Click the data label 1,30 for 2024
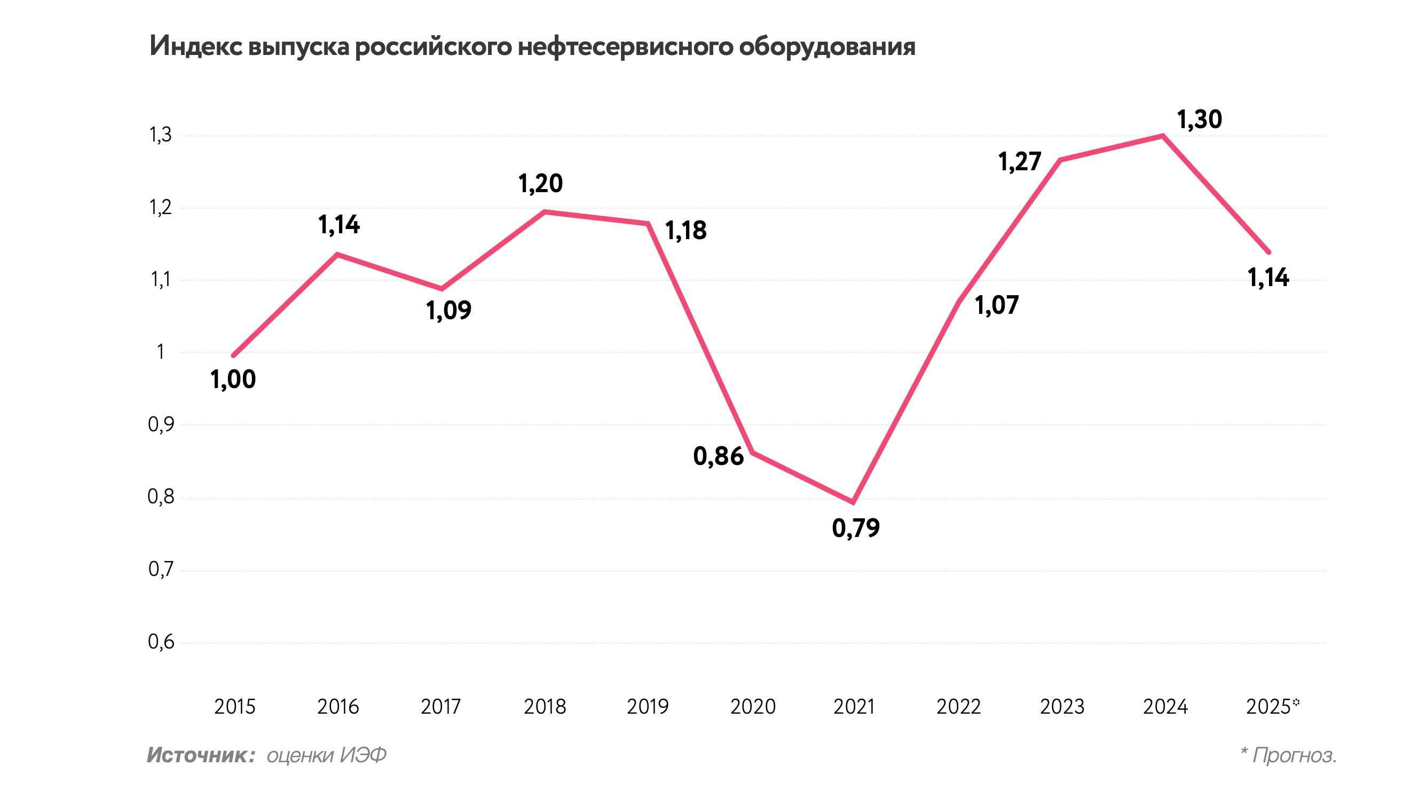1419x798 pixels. pyautogui.click(x=1199, y=120)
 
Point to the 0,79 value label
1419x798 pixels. pyautogui.click(x=855, y=528)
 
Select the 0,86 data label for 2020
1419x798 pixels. pyautogui.click(x=719, y=456)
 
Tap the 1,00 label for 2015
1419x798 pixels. pyautogui.click(x=233, y=380)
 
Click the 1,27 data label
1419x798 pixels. pyautogui.click(x=1020, y=162)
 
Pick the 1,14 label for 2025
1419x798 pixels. pyautogui.click(x=1268, y=278)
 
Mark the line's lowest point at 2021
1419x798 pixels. pyautogui.click(x=853, y=502)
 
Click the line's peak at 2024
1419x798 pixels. pyautogui.click(x=1162, y=136)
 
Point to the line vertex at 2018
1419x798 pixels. pyautogui.click(x=544, y=211)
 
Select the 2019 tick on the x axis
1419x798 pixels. pyautogui.click(x=648, y=707)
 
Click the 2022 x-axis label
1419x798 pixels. pyautogui.click(x=958, y=707)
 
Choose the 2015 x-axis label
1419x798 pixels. pyautogui.click(x=235, y=707)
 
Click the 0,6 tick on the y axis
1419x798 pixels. pyautogui.click(x=161, y=642)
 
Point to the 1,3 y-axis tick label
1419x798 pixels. pyautogui.click(x=161, y=135)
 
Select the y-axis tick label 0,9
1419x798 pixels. pyautogui.click(x=161, y=424)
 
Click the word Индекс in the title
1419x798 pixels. pyautogui.click(x=196, y=46)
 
